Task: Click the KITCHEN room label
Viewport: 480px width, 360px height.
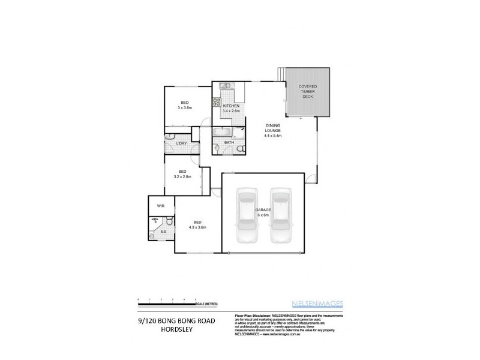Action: tap(231, 106)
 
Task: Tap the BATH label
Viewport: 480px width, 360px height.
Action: tap(229, 142)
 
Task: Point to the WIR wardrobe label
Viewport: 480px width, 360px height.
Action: tap(161, 206)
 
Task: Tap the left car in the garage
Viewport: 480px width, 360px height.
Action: tap(247, 217)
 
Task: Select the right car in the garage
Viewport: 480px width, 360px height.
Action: tap(281, 217)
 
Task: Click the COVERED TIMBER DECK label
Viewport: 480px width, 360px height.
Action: tap(307, 92)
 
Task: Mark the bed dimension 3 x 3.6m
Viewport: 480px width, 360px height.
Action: tap(184, 107)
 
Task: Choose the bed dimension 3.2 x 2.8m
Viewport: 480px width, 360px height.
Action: tap(182, 177)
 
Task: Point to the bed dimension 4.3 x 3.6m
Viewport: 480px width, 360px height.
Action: tap(197, 227)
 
